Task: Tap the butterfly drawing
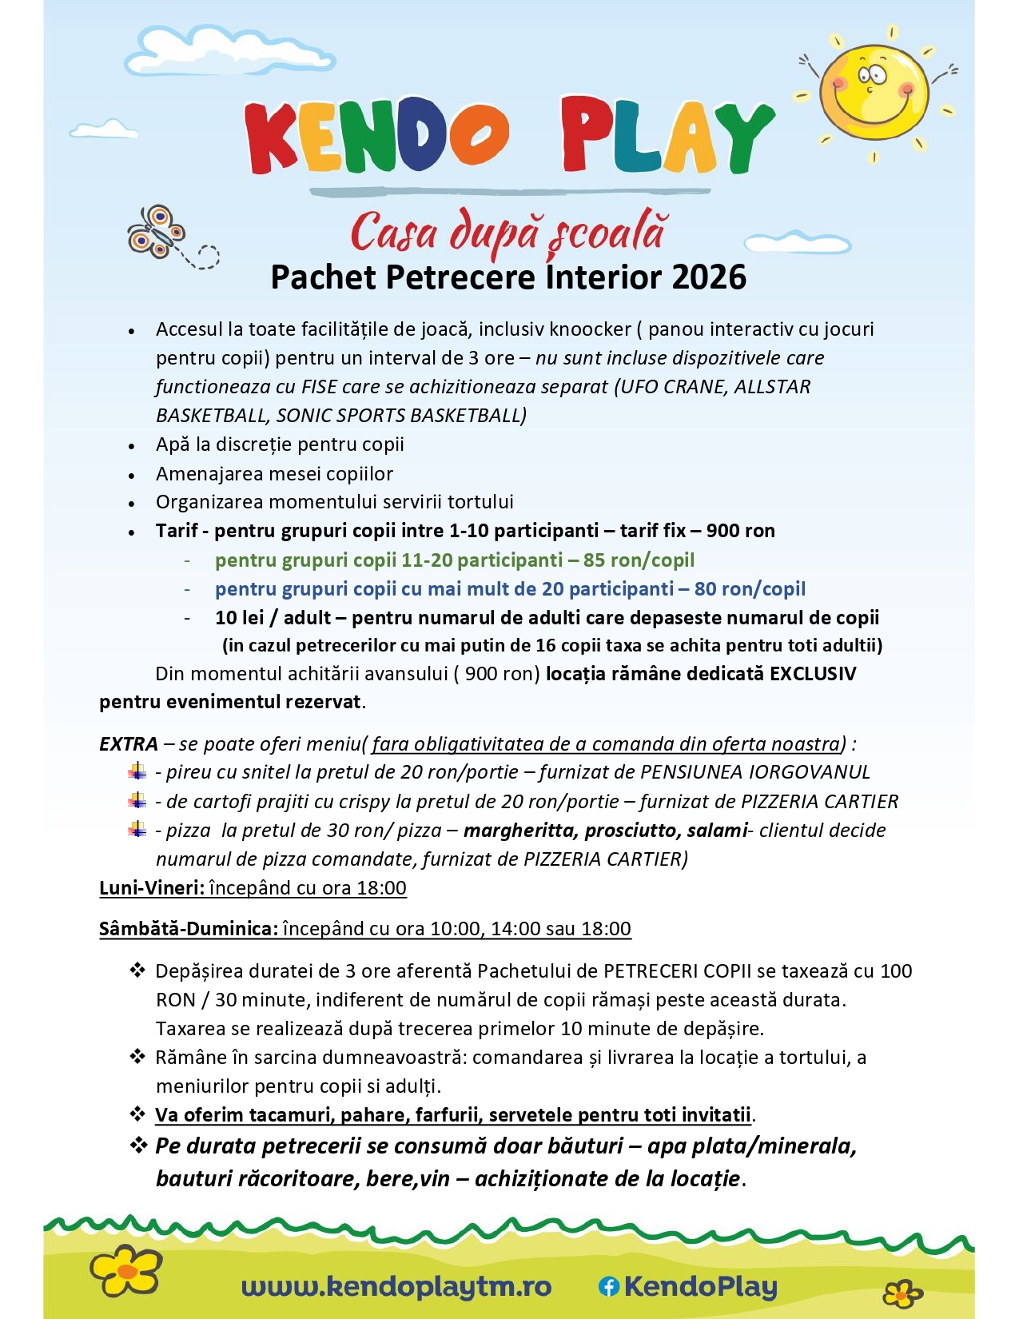156,231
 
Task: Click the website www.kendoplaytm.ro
396,1286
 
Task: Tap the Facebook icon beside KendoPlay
609,1286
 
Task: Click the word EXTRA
129,744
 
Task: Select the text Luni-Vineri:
152,888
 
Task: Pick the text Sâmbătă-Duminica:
189,929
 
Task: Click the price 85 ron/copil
639,560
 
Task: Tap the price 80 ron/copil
750,589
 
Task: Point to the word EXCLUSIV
812,674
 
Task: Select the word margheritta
519,831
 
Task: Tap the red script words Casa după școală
508,232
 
